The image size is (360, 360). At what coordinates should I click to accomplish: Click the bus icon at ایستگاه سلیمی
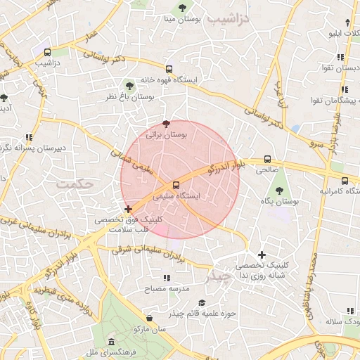[x=176, y=186]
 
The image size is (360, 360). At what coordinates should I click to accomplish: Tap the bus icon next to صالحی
[x=266, y=160]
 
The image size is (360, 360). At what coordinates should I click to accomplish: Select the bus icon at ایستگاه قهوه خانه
[x=169, y=69]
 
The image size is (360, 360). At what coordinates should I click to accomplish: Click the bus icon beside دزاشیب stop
[x=47, y=52]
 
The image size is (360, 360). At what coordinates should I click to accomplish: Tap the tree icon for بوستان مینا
[x=182, y=8]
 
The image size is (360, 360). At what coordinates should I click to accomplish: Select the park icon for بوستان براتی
[x=166, y=123]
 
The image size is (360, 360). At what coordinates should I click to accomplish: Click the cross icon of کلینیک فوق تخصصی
[x=128, y=209]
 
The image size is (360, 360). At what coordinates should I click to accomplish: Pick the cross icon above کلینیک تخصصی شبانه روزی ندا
[x=262, y=255]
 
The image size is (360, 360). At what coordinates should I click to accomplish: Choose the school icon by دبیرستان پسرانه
[x=29, y=137]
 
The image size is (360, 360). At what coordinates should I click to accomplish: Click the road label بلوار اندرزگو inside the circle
[x=224, y=167]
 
